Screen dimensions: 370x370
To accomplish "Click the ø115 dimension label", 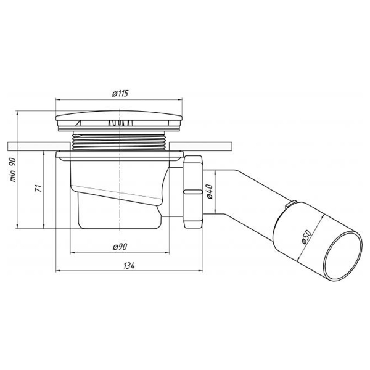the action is pos(120,94).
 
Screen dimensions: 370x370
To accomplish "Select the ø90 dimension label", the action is pos(120,247).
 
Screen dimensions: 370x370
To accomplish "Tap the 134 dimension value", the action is pos(129,266).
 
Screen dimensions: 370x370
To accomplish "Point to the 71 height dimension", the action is pos(39,188).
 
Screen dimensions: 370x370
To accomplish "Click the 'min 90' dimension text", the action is pos(13,170).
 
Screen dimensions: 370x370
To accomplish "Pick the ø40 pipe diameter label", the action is pos(210,192).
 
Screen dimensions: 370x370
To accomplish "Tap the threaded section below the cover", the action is pos(120,142).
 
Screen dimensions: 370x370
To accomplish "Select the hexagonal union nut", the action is pos(193,191).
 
